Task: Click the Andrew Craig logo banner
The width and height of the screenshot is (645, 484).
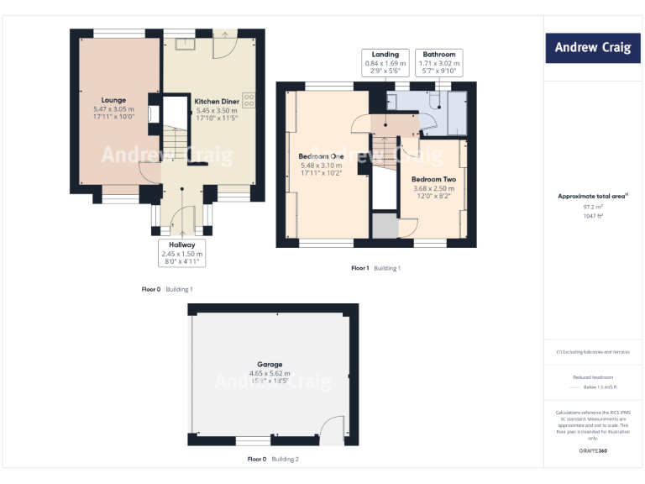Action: click(x=593, y=48)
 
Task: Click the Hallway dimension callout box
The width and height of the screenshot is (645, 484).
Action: click(x=182, y=253)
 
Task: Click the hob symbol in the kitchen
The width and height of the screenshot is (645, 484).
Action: click(x=249, y=99)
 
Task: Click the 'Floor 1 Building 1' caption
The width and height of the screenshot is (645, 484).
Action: click(x=375, y=268)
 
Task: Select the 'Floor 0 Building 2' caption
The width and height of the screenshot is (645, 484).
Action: click(x=272, y=460)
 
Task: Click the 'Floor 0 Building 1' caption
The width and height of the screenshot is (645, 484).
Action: click(x=167, y=289)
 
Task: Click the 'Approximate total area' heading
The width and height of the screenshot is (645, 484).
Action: click(x=592, y=196)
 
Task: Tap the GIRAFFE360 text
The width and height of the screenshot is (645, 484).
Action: click(x=593, y=451)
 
